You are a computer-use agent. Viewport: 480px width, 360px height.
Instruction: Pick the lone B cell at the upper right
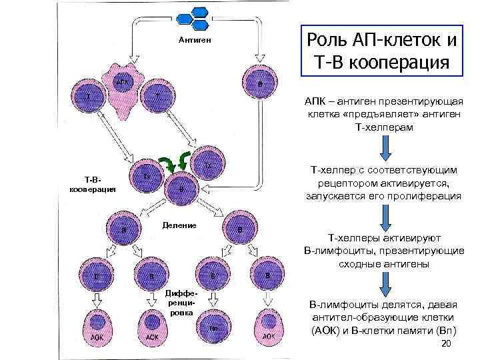click(259, 84)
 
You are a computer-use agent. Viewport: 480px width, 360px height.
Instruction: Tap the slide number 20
click(447, 343)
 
